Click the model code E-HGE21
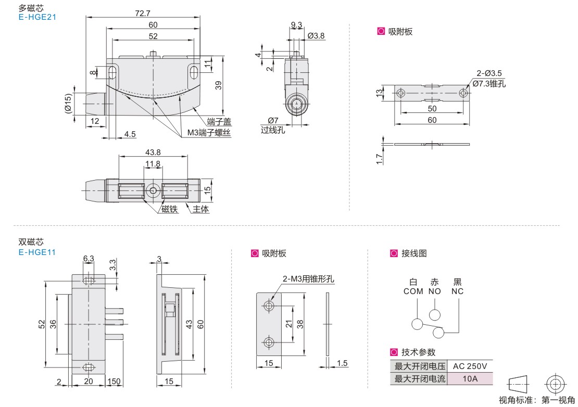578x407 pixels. [x=37, y=17]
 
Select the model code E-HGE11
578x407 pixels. [x=37, y=252]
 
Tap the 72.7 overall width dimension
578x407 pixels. [x=143, y=13]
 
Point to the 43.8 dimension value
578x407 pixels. [x=153, y=152]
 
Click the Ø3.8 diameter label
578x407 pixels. [x=316, y=36]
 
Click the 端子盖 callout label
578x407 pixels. [x=219, y=122]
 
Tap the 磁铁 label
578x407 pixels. [x=170, y=209]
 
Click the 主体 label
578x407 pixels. [x=200, y=209]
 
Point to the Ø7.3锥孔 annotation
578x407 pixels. [x=489, y=84]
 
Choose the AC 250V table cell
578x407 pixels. [x=470, y=366]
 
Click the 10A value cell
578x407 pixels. [x=470, y=379]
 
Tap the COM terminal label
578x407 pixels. [x=413, y=291]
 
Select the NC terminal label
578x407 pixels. [x=458, y=291]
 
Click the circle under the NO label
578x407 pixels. [x=435, y=315]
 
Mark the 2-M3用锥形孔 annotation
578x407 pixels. [x=309, y=279]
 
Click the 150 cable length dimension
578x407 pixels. [x=114, y=381]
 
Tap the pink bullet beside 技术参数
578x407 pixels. [x=394, y=352]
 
